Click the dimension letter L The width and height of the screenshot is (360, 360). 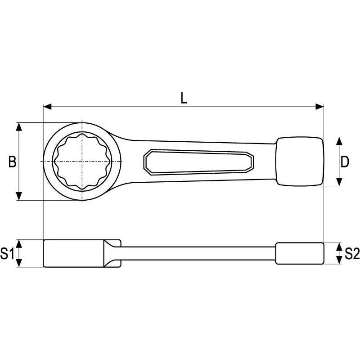(x=184, y=98)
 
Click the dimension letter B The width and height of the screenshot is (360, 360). (x=13, y=162)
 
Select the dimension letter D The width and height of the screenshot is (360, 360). (x=345, y=162)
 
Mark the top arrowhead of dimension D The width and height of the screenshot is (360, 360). (x=339, y=141)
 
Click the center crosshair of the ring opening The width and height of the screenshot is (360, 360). (x=82, y=162)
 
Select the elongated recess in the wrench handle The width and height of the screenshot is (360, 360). (x=198, y=162)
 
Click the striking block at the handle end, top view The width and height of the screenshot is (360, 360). (x=300, y=162)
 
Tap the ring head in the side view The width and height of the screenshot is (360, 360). (x=74, y=253)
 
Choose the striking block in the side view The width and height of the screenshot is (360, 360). (x=300, y=254)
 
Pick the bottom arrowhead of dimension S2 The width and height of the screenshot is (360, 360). (x=339, y=261)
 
